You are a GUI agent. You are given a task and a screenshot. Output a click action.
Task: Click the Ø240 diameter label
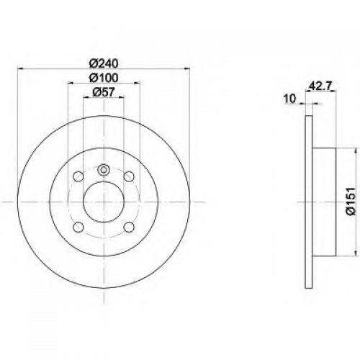pos(104,63)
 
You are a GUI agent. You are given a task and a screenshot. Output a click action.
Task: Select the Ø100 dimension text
pos(104,78)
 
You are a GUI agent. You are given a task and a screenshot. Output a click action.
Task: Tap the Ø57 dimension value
pos(103,92)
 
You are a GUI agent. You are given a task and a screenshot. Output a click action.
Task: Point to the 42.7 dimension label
pos(320,86)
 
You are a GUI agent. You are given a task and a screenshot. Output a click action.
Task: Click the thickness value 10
pos(289,99)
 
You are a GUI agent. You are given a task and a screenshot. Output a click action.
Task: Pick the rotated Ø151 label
pos(350,202)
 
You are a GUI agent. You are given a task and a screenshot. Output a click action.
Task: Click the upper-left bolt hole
pos(78,176)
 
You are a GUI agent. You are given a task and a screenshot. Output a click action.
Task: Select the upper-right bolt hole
pos(129,176)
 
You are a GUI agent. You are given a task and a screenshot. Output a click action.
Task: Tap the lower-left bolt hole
pos(78,228)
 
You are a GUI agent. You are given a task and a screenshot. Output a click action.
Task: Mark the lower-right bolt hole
pos(129,228)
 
